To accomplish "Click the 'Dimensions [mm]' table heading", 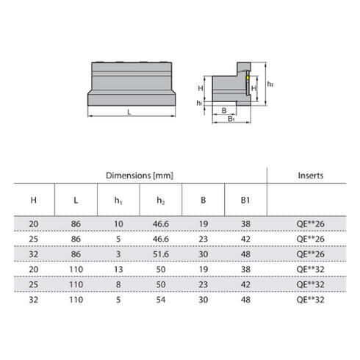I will (x=139, y=176).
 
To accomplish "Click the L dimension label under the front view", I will (x=129, y=112).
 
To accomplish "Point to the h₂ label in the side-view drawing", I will (x=271, y=84).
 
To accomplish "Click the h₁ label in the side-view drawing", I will (x=200, y=103).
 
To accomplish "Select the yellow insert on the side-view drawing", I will (x=248, y=76).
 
